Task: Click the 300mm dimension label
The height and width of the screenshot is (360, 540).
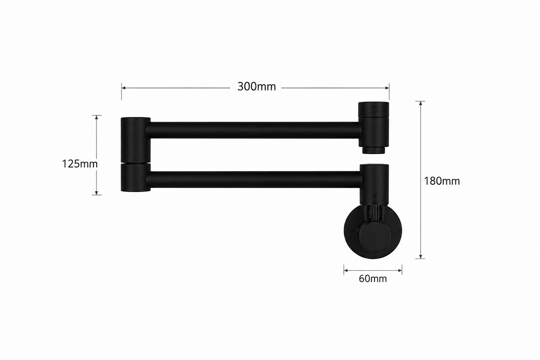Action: (x=257, y=86)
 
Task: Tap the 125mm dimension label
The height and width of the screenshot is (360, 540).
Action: (x=80, y=164)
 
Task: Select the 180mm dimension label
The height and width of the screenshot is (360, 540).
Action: (x=442, y=181)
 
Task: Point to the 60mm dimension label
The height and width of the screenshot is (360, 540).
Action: (x=373, y=279)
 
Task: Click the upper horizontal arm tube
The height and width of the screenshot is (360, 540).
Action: (x=254, y=130)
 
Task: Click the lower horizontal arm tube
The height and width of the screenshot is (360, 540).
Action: (x=254, y=180)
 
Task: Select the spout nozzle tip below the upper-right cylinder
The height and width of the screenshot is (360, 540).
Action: (x=373, y=150)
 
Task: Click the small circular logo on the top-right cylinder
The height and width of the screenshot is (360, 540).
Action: (x=375, y=109)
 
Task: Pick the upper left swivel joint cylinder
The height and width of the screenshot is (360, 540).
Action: (x=135, y=140)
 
